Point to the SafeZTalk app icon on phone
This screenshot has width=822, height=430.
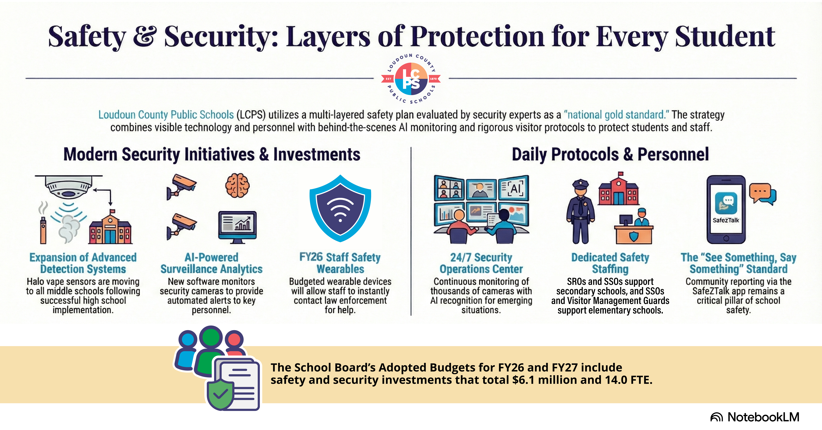726,203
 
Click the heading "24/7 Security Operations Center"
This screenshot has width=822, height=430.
481,263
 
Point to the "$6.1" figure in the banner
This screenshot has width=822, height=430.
523,380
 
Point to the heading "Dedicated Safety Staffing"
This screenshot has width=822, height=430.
610,263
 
